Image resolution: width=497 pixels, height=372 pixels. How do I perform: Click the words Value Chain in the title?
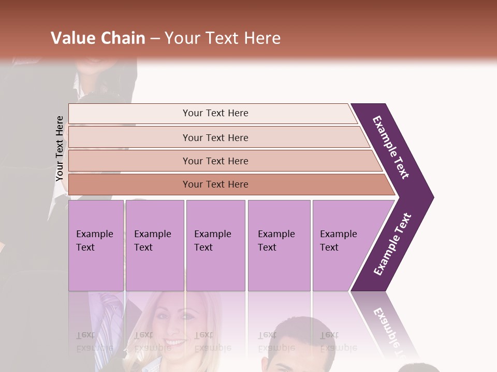click(98, 38)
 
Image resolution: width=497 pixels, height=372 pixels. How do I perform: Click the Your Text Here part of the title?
click(223, 38)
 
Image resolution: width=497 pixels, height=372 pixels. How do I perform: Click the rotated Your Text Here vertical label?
click(60, 148)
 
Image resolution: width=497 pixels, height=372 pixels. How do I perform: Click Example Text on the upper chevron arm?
click(391, 147)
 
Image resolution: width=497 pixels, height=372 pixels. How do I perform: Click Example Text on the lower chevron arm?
click(392, 244)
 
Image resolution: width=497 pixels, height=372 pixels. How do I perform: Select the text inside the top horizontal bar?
click(215, 113)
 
